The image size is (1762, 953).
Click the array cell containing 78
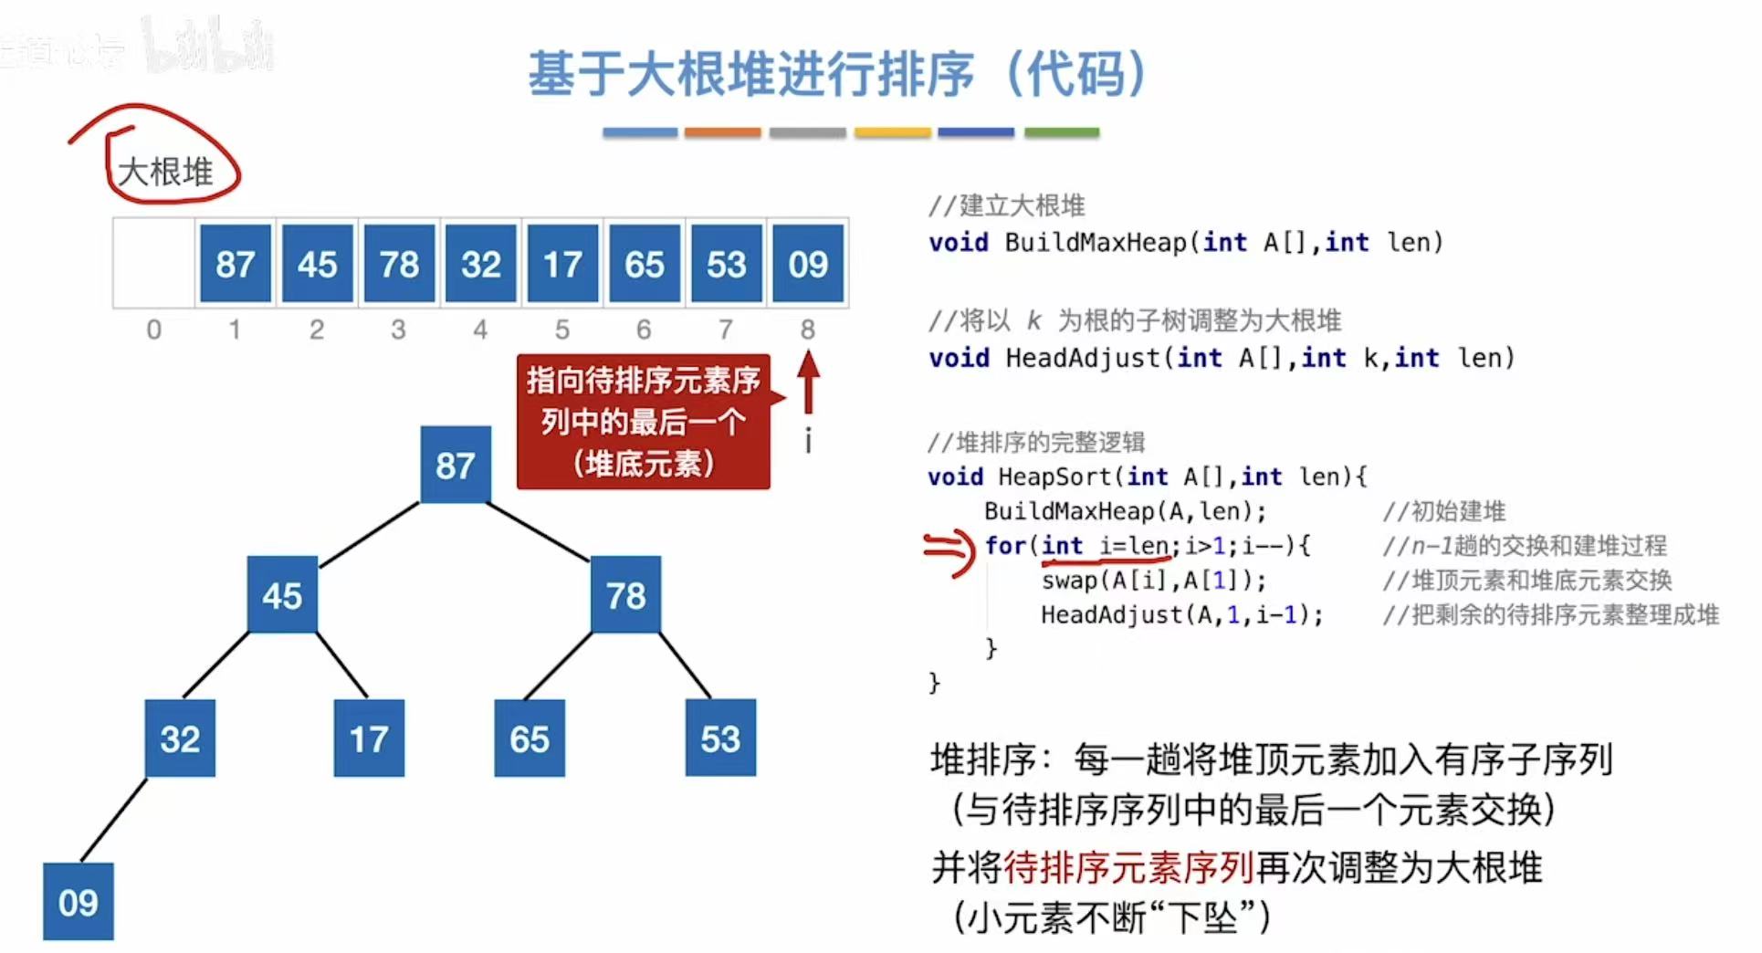399,264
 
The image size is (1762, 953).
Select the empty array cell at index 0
153,264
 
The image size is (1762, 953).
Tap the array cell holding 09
808,264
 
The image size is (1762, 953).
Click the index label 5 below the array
562,330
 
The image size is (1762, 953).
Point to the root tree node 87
455,466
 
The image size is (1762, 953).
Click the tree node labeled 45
282,595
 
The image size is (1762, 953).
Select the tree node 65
530,738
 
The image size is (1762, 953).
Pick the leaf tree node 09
79,902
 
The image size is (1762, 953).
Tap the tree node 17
369,738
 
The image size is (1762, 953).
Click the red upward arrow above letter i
808,383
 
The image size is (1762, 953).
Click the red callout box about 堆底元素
643,422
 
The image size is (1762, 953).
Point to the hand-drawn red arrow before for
949,550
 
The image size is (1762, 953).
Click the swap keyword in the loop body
1068,581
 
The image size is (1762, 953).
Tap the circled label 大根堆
165,172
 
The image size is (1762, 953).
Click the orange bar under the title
722,133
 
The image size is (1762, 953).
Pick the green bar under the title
1062,133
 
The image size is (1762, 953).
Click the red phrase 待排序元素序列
1128,867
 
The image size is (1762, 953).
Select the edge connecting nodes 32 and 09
114,819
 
